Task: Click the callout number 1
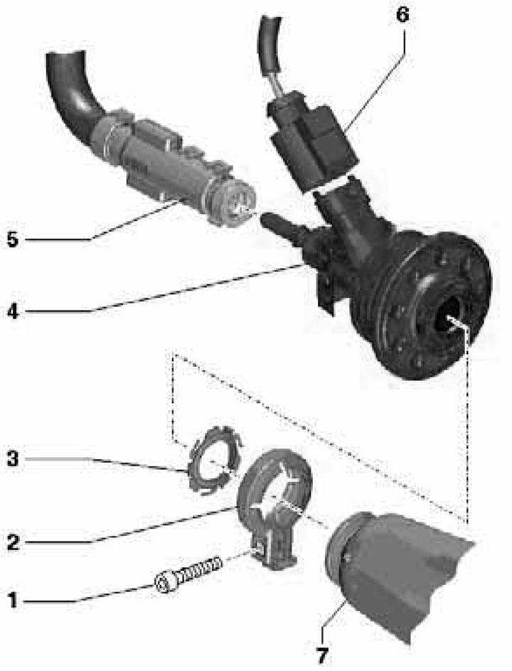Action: (x=14, y=601)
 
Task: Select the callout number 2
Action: (x=14, y=543)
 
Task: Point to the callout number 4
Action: (x=14, y=311)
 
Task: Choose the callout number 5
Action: (x=14, y=239)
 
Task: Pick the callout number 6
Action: (x=402, y=16)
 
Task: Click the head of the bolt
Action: (x=165, y=582)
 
